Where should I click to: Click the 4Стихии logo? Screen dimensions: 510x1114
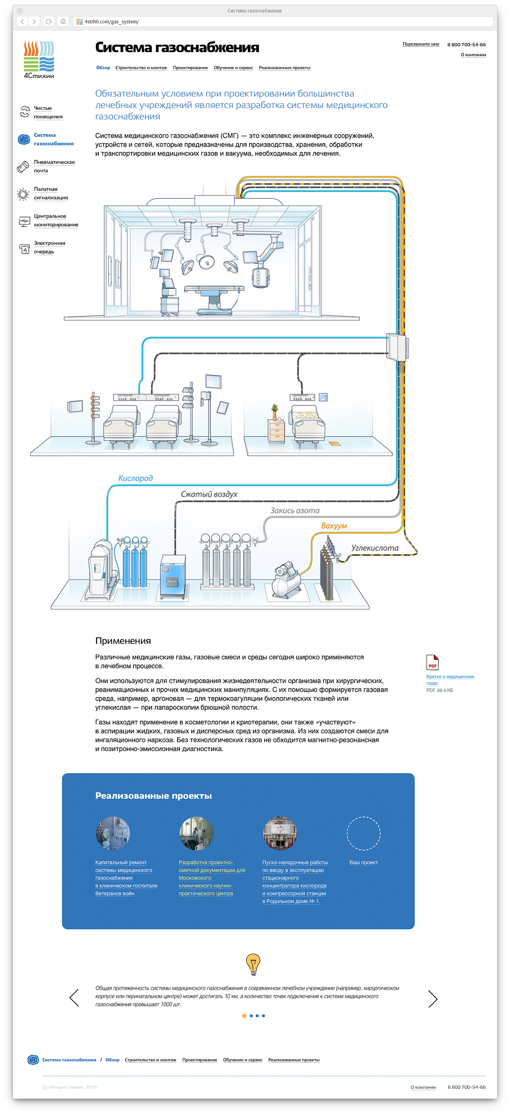[39, 60]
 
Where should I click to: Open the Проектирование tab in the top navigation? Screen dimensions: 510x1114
[190, 68]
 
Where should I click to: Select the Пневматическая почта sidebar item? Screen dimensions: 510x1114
[54, 166]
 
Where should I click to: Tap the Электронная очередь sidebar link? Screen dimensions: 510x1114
[49, 248]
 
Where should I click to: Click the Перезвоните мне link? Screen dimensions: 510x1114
[420, 44]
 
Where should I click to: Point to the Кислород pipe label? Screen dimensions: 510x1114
[135, 478]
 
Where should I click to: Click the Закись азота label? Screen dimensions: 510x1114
[295, 510]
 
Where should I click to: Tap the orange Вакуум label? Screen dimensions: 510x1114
[334, 526]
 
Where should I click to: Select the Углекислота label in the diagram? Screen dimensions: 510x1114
[375, 548]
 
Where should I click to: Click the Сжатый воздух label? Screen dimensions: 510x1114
[209, 494]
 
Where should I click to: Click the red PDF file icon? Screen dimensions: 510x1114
[432, 662]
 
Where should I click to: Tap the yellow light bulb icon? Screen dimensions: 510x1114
[253, 964]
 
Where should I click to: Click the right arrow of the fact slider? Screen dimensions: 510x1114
[433, 999]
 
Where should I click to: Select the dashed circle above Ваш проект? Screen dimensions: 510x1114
[364, 833]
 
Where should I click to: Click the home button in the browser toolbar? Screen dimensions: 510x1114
[63, 21]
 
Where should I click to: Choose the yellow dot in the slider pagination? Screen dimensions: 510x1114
[244, 1016]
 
